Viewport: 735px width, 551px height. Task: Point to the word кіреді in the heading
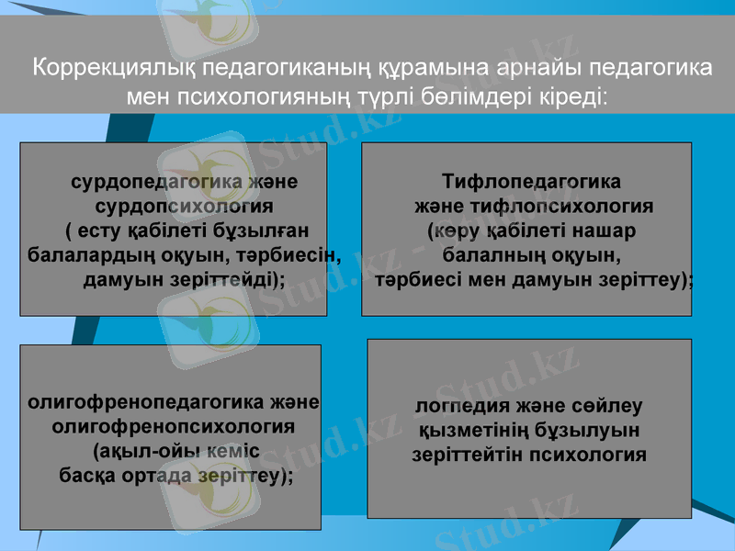569,96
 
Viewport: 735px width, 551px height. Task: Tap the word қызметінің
469,430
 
